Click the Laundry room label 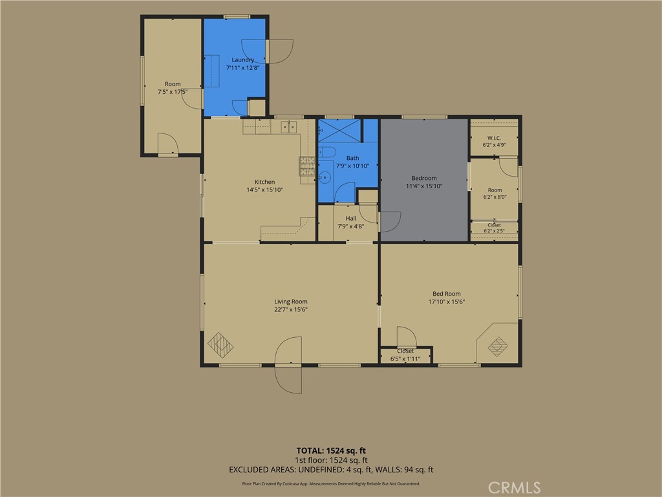click(x=243, y=60)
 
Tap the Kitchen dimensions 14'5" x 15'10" click(x=264, y=190)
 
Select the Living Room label click(x=291, y=302)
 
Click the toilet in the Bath click(x=326, y=151)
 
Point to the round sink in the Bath click(x=325, y=177)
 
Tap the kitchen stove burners click(x=307, y=166)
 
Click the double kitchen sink click(x=289, y=127)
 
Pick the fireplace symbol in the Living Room click(x=220, y=346)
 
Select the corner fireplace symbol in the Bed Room click(x=498, y=346)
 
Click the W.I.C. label click(x=494, y=138)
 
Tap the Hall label click(x=351, y=219)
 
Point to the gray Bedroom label click(x=424, y=179)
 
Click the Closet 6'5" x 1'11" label click(x=405, y=355)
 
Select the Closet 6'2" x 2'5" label click(x=494, y=228)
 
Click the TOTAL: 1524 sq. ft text click(x=331, y=450)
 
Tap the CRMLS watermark click(x=514, y=488)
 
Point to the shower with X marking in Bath click(x=339, y=131)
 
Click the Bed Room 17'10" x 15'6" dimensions click(x=447, y=302)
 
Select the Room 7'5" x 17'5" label click(x=173, y=88)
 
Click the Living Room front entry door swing click(x=289, y=365)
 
